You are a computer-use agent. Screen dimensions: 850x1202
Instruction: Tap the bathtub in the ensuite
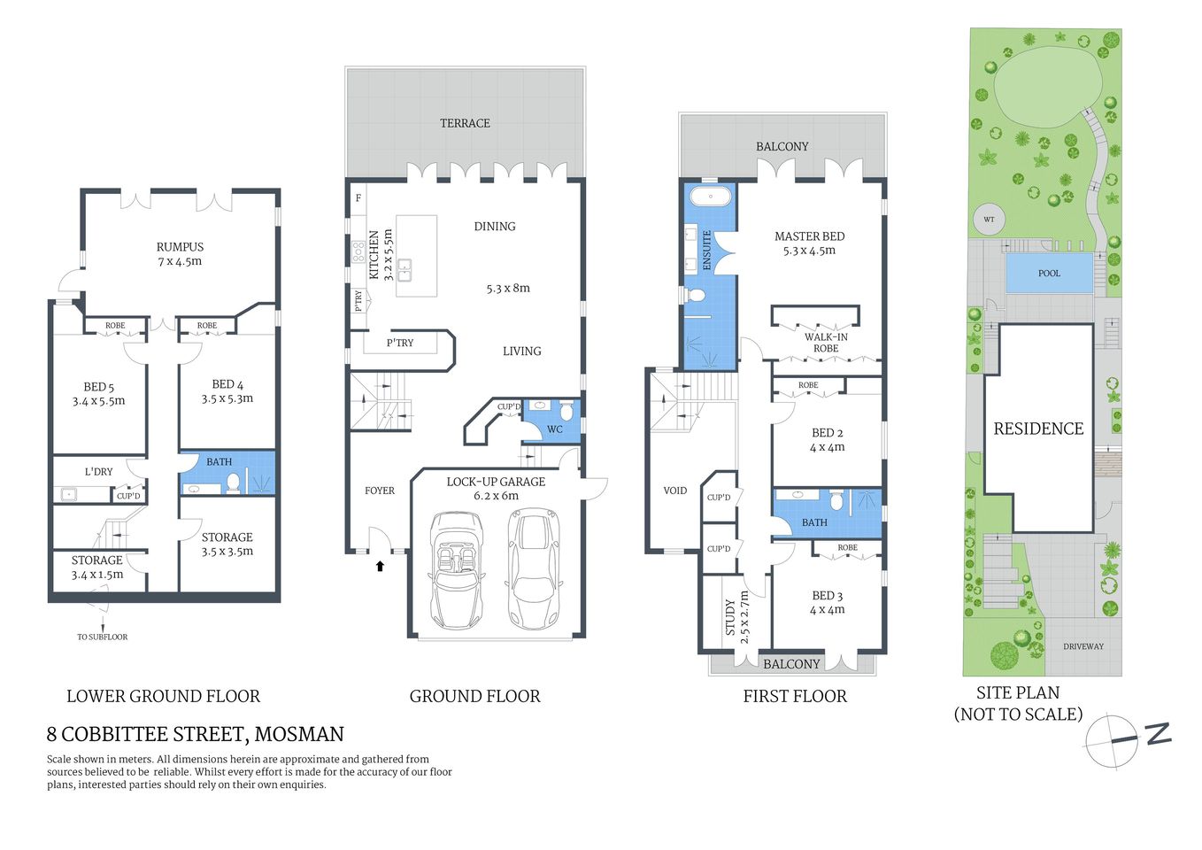tap(710, 196)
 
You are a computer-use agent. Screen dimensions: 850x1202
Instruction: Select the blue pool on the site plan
tap(1049, 273)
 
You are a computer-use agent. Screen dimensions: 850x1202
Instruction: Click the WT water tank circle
tap(989, 220)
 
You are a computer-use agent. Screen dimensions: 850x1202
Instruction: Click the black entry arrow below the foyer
tap(380, 566)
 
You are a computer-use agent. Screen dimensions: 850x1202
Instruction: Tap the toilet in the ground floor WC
tap(566, 411)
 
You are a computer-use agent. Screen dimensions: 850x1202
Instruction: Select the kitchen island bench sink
tap(405, 269)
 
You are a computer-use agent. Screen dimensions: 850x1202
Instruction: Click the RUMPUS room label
tap(180, 247)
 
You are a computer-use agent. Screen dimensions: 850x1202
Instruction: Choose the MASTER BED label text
tap(809, 236)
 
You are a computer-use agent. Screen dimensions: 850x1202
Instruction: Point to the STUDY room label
tap(731, 616)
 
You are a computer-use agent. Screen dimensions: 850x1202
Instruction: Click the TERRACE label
tap(465, 123)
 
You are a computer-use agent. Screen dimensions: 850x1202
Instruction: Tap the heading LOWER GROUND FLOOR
tap(163, 697)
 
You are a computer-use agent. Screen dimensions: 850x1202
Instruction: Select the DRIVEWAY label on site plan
tap(1083, 646)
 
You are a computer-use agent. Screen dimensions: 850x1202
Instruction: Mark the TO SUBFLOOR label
tap(102, 637)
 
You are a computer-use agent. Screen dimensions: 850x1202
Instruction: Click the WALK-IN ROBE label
tap(825, 343)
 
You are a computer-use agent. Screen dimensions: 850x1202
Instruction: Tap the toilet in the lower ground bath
tap(234, 483)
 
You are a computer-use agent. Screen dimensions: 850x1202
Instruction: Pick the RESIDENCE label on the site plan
tap(1038, 429)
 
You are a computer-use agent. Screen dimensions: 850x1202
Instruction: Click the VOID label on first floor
tap(674, 491)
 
